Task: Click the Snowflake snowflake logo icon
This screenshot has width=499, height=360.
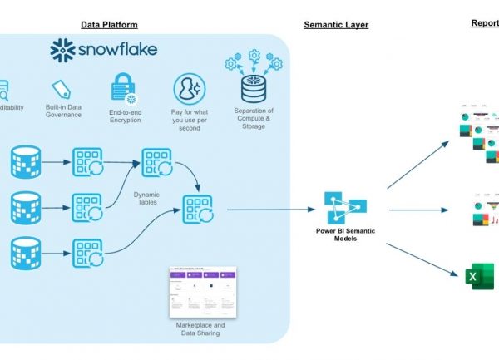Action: coord(64,51)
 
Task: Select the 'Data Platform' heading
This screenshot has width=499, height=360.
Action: coord(108,24)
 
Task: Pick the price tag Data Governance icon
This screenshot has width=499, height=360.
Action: coord(61,90)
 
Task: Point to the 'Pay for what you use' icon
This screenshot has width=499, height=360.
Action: coord(188,89)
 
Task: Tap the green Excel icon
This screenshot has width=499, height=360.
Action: coord(480,275)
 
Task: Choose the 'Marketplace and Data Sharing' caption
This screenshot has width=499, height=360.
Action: coord(201,328)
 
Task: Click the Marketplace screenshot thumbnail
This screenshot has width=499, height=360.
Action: coord(202,289)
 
